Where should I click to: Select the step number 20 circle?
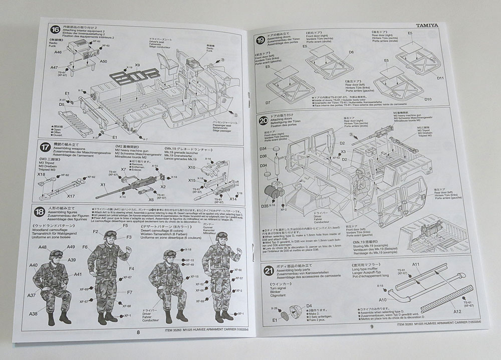point(264,120)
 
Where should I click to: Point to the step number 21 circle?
point(269,271)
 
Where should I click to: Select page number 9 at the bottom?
point(372,327)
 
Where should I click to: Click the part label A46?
point(58,52)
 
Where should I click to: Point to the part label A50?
point(103,62)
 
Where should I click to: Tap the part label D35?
point(265,206)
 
